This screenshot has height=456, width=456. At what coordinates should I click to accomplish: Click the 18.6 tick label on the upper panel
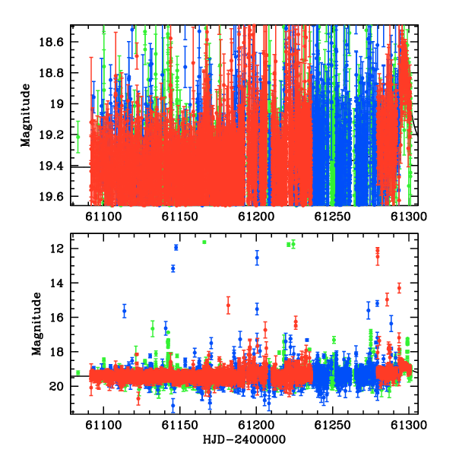point(51,42)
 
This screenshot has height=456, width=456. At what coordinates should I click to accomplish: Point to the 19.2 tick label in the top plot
point(51,135)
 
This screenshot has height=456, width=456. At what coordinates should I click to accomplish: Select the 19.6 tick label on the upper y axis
point(51,197)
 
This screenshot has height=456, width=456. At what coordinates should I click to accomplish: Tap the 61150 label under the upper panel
point(179,217)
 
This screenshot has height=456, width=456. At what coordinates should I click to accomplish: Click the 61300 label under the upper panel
point(409,217)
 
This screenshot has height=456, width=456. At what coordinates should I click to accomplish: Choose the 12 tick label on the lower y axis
point(57,249)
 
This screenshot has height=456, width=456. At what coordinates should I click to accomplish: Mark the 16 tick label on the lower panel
point(57,317)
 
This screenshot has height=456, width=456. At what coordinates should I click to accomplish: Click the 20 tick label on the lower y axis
point(57,386)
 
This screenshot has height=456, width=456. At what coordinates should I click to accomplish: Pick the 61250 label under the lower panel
point(332,425)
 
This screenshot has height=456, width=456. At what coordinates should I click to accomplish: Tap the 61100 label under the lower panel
point(103,425)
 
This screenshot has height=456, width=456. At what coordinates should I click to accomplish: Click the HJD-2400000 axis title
point(244,439)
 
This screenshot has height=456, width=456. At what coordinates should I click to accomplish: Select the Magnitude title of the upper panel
point(26,116)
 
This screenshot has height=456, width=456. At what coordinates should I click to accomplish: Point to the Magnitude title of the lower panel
point(36,324)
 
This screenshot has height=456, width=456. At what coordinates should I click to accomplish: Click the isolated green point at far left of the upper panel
point(78,137)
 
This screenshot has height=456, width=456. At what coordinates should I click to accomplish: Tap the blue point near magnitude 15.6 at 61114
point(125,311)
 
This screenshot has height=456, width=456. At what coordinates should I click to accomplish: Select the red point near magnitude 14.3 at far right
point(399,288)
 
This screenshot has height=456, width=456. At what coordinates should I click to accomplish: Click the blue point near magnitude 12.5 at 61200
point(257,258)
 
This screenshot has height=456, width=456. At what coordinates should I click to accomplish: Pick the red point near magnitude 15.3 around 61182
point(228,305)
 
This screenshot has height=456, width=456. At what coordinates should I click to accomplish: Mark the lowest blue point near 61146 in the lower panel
point(173,405)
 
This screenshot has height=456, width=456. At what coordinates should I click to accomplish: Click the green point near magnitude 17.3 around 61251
point(334,340)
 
